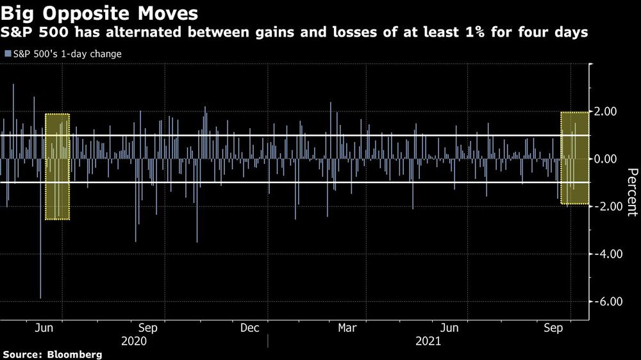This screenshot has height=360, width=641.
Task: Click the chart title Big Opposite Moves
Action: coord(99,13)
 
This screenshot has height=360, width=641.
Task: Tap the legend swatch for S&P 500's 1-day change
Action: coord(7,54)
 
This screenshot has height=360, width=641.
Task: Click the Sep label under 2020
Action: coord(148,328)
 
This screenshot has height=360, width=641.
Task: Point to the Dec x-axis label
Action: coord(249,328)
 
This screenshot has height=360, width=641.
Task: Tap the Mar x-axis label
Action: coord(347,328)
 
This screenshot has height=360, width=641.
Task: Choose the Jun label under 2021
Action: coord(451,328)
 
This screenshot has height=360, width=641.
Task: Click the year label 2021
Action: coord(427,341)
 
